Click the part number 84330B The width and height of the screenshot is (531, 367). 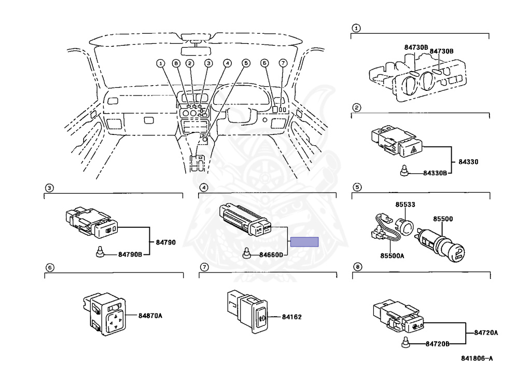435,173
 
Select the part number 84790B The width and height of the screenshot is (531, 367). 130,254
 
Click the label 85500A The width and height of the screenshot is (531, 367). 392,255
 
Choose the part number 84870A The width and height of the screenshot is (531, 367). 150,315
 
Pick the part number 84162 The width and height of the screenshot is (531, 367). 292,317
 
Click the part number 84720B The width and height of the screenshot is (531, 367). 438,344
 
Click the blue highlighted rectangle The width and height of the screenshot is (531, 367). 304,241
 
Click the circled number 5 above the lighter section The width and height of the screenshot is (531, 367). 357,187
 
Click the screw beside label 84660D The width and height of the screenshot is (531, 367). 247,254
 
